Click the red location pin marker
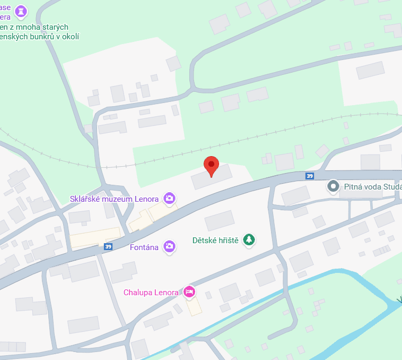click(x=211, y=166)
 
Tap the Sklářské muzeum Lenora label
click(x=114, y=199)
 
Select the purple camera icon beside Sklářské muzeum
click(x=169, y=199)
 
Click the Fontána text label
click(x=144, y=247)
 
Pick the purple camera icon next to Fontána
click(x=169, y=246)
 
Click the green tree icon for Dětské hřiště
click(x=249, y=240)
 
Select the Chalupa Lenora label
click(x=151, y=292)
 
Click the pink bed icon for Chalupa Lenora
click(x=189, y=291)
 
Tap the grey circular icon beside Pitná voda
click(x=334, y=186)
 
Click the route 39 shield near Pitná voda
click(x=310, y=176)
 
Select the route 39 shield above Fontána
click(x=108, y=246)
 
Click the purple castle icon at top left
click(x=21, y=11)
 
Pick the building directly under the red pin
click(x=212, y=178)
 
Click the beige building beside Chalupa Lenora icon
click(x=194, y=306)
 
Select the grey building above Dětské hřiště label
click(x=220, y=220)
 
